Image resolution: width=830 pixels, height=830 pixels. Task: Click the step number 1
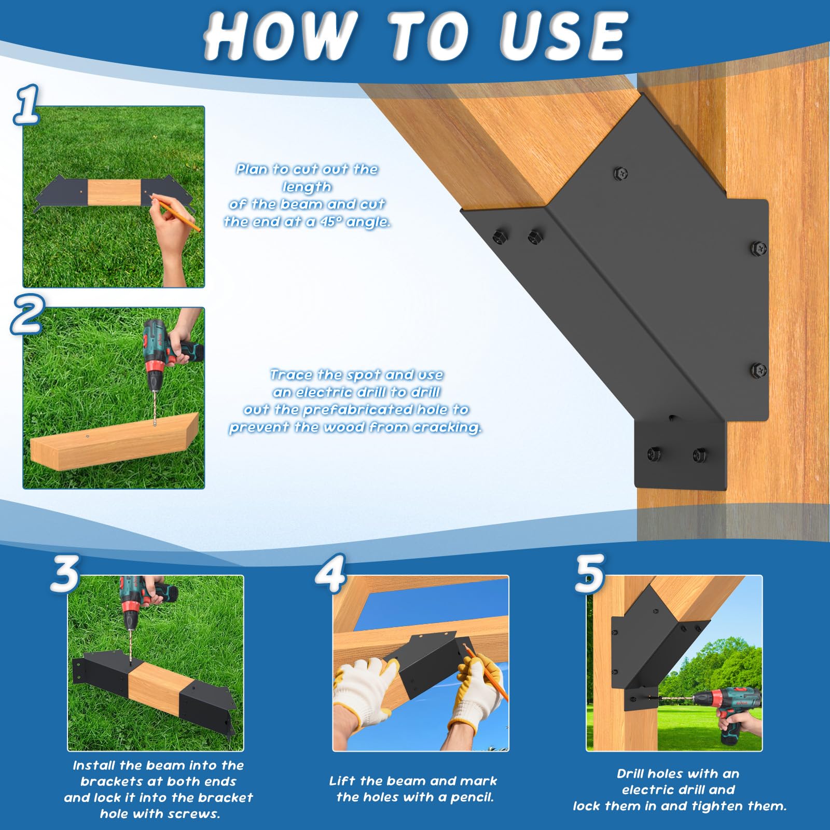[27, 105]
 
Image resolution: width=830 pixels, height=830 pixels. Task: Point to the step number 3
[64, 574]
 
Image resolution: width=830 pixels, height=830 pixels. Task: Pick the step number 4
[330, 574]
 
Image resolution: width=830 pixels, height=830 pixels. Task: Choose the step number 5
[590, 573]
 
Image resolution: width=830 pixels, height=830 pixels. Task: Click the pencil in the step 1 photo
[179, 216]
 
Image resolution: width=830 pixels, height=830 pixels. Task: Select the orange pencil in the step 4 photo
[485, 671]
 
